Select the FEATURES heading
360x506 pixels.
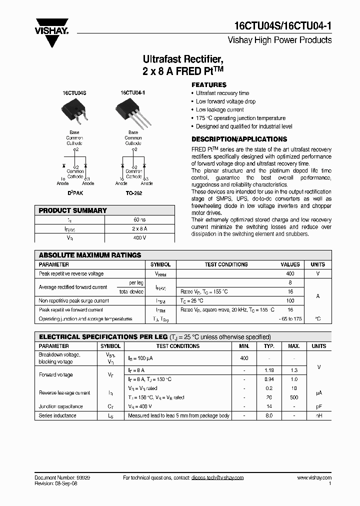click(209, 85)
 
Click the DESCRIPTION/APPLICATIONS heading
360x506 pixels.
click(239, 139)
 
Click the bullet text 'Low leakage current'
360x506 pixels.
click(219, 110)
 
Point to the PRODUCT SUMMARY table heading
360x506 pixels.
click(73, 210)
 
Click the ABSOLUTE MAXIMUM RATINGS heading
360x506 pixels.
click(90, 255)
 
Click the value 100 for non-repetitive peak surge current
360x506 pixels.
click(290, 301)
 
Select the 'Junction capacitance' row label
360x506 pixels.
click(61, 406)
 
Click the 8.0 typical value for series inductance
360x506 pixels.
click(269, 415)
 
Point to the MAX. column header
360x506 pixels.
click(294, 346)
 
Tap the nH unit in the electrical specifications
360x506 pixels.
click(318, 415)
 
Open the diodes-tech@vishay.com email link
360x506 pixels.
click(217, 478)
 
